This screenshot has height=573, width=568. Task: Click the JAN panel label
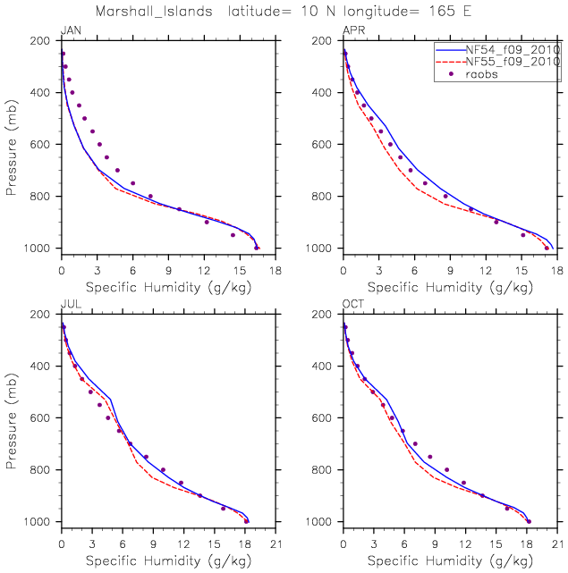(x=68, y=31)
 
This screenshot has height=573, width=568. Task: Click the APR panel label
(x=352, y=31)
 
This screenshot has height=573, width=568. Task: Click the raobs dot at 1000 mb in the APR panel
(x=547, y=248)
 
